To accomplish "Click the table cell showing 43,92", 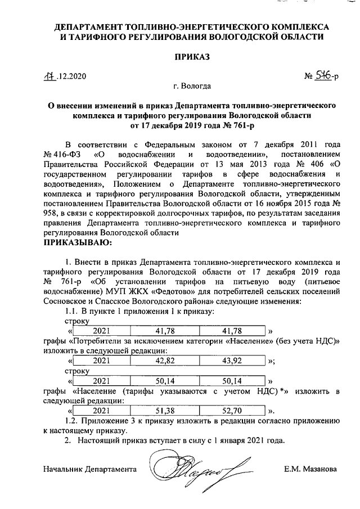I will [232, 361].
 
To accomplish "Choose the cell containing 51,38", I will [167, 411].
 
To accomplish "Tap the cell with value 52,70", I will [232, 411].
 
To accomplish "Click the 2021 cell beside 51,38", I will [102, 411].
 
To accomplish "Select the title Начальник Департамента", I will [90, 467].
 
